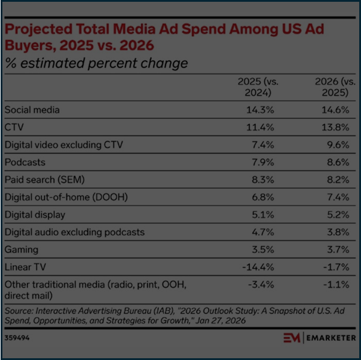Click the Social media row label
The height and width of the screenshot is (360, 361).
[x=32, y=110]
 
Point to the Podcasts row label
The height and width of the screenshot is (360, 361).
[x=25, y=162]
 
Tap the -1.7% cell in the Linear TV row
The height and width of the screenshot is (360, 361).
[x=336, y=267]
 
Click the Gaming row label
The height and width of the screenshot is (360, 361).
[x=22, y=250]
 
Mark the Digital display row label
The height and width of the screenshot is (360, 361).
[x=35, y=215]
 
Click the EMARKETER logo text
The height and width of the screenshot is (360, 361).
[x=331, y=339]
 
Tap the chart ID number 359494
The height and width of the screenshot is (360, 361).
[x=18, y=337]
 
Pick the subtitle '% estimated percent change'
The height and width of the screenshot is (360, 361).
[x=96, y=63]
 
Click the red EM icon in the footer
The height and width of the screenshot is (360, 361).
[x=292, y=339]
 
